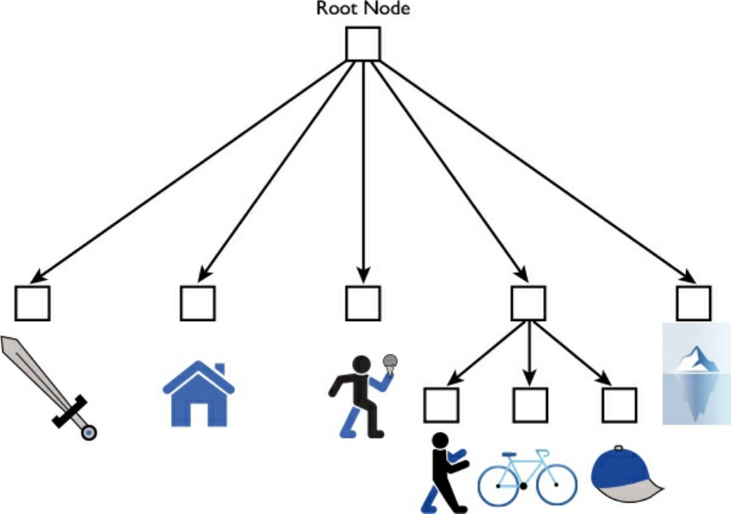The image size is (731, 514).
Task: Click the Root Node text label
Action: tap(364, 10)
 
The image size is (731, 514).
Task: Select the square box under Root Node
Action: tap(364, 44)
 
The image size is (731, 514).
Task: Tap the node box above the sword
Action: tap(32, 303)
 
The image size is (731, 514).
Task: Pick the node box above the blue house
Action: tap(198, 303)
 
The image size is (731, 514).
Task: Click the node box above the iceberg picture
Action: tap(694, 303)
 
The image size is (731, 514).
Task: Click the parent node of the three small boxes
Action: tap(528, 303)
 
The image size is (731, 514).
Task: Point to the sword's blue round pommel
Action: tap(88, 433)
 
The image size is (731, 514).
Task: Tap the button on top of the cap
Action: tap(619, 448)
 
